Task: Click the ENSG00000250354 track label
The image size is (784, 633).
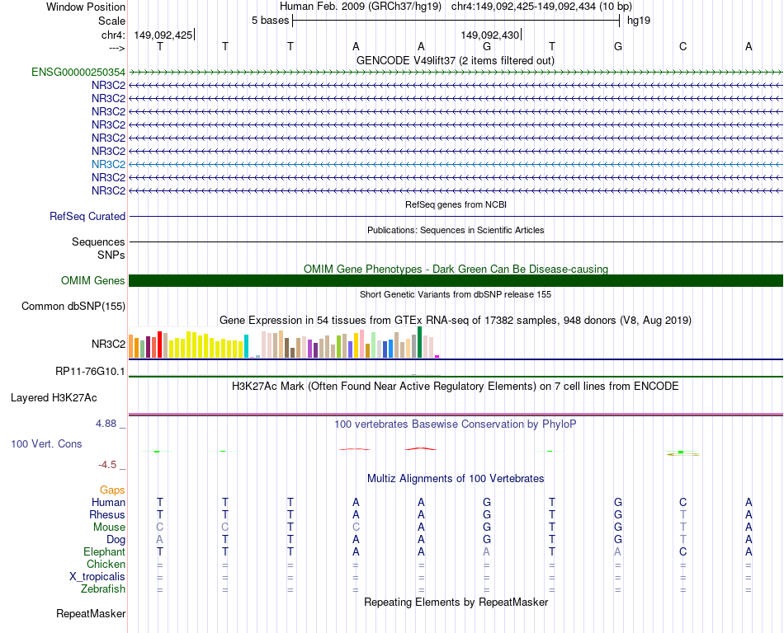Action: coord(78,73)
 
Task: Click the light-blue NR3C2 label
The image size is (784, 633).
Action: coord(108,164)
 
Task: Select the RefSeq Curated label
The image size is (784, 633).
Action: coord(87,217)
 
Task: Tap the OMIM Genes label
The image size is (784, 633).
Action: coord(93,281)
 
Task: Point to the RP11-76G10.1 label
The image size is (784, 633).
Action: coord(90,372)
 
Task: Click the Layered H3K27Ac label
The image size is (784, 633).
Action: coord(54,397)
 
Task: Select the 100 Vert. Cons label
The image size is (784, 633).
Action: coord(46,444)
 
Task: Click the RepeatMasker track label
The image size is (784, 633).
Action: coord(91,614)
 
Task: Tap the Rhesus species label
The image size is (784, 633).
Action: coord(107,515)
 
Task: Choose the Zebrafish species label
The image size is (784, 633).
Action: coord(103,589)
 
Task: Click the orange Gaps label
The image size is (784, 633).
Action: coord(112,490)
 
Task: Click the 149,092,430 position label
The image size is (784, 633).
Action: coord(490,35)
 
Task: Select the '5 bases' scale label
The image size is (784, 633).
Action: coord(270,21)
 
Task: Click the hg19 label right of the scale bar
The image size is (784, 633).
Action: coord(639,21)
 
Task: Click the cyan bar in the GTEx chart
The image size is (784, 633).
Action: coord(247,346)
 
